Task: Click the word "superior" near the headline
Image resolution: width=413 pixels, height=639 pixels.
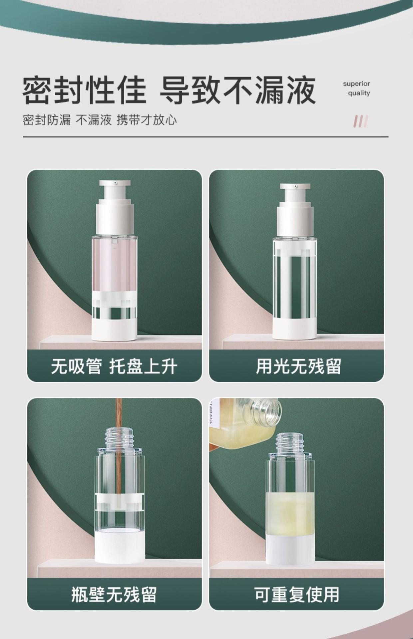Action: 356,84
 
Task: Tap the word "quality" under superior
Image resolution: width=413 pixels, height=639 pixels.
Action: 359,93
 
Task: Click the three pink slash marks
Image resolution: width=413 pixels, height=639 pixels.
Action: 361,121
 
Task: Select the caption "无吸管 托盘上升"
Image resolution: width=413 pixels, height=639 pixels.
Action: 114,367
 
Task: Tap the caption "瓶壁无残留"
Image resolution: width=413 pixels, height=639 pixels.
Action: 114,595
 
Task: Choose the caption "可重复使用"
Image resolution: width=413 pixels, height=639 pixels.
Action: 297,595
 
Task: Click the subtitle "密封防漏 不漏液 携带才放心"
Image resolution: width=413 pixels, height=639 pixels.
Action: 100,120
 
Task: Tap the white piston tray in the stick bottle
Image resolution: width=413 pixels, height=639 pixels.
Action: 120,502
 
